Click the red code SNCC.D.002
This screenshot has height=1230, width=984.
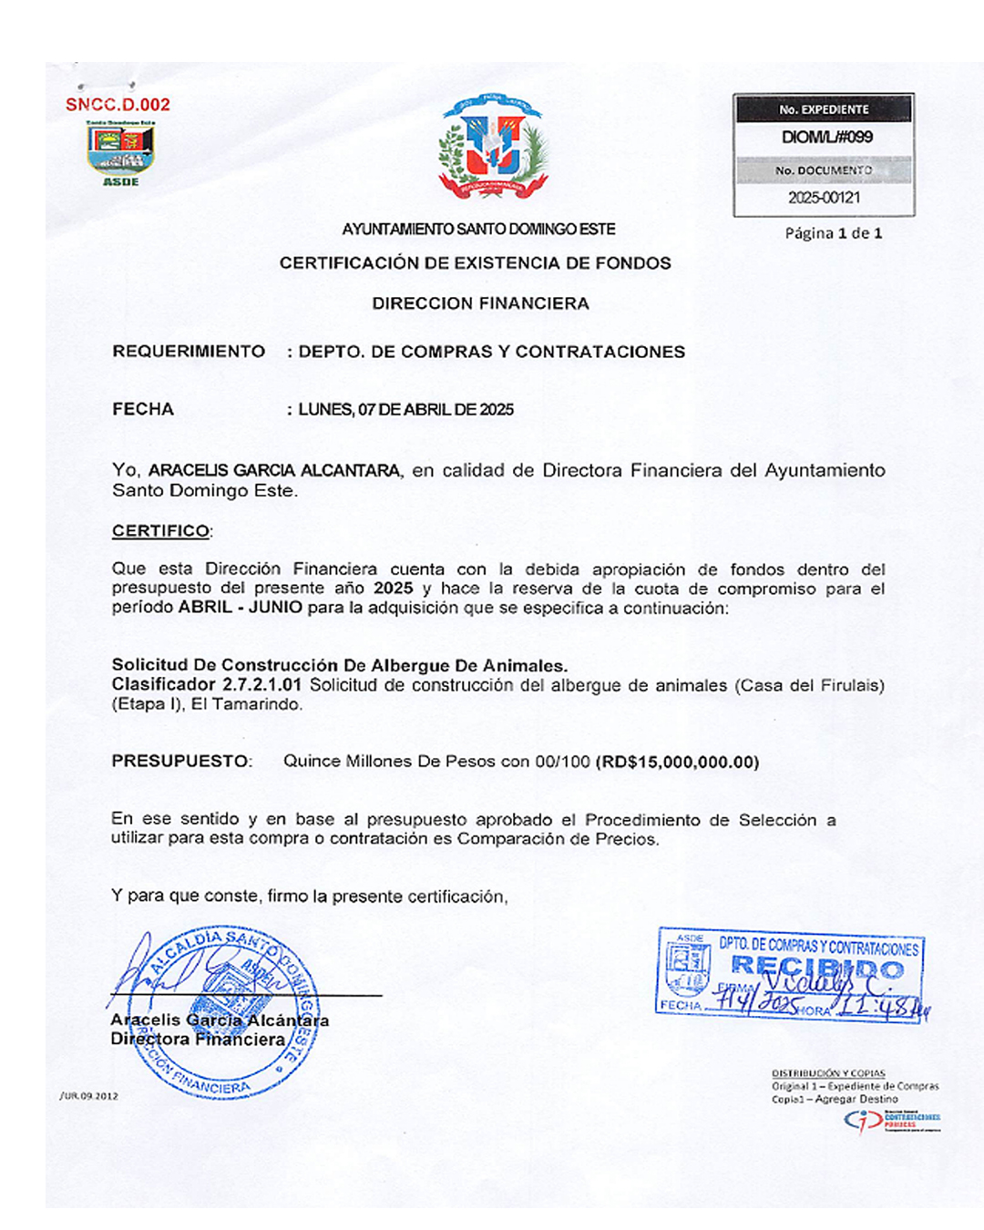point(118,105)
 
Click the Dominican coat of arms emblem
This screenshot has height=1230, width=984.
point(494,148)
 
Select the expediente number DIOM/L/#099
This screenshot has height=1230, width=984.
point(826,138)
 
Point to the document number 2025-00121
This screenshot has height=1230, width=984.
point(824,198)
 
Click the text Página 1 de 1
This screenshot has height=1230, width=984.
point(833,233)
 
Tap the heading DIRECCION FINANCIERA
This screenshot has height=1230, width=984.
point(480,303)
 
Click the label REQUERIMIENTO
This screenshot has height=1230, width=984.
point(189,352)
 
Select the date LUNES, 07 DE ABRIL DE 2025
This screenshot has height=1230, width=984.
point(406,410)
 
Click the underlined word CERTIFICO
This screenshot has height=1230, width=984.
point(160,530)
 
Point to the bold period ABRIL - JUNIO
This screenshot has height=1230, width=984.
point(241,608)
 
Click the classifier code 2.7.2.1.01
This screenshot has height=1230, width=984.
point(261,685)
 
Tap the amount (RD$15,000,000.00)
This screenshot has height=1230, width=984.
point(677,762)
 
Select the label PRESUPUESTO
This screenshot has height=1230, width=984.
point(179,761)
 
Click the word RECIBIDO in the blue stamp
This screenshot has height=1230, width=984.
point(817,968)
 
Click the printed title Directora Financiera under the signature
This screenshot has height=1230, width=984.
point(198,1040)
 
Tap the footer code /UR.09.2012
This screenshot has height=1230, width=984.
point(89,1096)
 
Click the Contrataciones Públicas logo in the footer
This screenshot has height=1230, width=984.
point(892,1120)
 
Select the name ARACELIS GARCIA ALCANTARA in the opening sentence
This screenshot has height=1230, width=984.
point(274,471)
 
